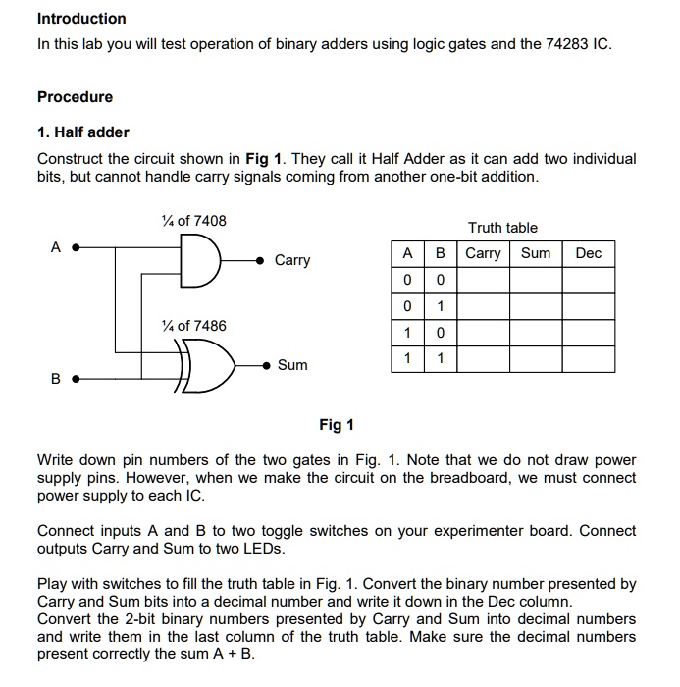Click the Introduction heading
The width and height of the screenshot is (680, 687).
click(x=81, y=19)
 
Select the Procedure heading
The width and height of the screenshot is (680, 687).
click(x=75, y=97)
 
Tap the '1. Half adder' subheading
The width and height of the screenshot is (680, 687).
click(x=83, y=132)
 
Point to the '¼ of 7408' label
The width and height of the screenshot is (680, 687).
click(x=193, y=221)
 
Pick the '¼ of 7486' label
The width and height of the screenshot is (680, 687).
click(x=193, y=326)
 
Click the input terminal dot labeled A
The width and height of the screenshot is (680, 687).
click(x=77, y=248)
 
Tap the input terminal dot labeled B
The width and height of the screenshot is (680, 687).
click(x=77, y=377)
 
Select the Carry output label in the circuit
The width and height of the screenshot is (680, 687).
click(x=292, y=260)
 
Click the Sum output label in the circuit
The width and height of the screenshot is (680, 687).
click(x=292, y=365)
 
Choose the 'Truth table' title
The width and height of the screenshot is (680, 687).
click(x=502, y=228)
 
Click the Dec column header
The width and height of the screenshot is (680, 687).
click(x=589, y=253)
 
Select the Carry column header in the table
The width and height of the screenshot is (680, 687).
click(x=483, y=253)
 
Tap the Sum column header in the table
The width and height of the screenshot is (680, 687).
click(x=536, y=253)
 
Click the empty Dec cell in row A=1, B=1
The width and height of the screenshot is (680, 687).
click(x=589, y=359)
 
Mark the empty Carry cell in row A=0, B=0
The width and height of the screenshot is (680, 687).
click(x=483, y=280)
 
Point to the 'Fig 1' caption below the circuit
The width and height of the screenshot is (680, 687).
click(x=337, y=425)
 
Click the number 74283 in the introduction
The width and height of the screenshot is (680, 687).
click(x=568, y=45)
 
